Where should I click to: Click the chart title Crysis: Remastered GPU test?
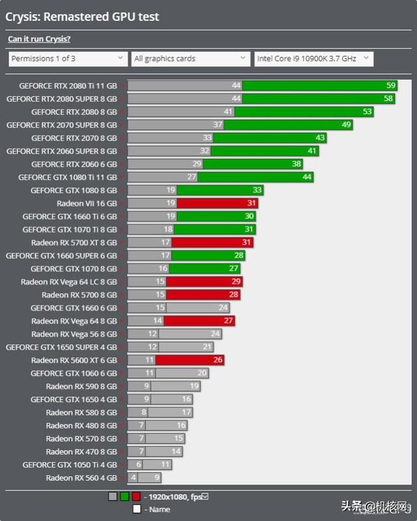(82, 17)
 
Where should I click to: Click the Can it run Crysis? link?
(39, 39)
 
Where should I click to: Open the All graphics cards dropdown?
(190, 59)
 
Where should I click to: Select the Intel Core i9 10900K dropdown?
(313, 59)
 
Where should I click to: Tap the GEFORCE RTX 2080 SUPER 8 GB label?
(61, 98)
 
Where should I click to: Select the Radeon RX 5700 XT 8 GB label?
(74, 243)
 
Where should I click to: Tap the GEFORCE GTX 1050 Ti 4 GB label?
(69, 465)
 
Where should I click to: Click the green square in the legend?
(124, 497)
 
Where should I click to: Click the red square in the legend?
(136, 497)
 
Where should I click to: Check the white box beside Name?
(136, 509)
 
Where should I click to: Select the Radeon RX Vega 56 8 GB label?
(74, 334)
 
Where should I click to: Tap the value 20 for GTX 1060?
(202, 373)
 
